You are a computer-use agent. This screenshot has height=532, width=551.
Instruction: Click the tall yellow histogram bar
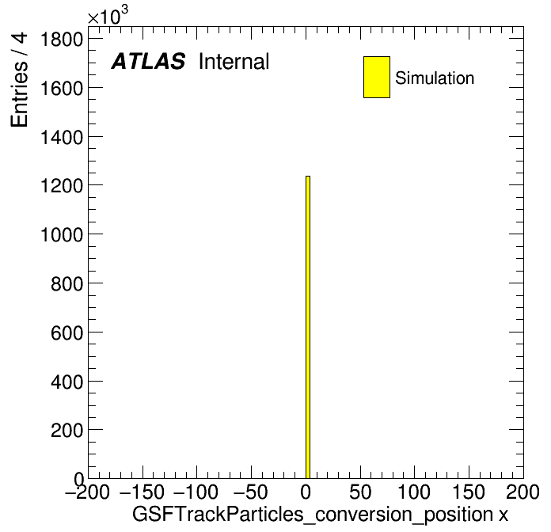tap(308, 327)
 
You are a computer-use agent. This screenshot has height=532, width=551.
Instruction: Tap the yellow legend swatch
tap(377, 77)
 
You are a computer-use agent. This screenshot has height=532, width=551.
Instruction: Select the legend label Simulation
tap(435, 78)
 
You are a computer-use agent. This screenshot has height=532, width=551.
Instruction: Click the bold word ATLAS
tap(148, 61)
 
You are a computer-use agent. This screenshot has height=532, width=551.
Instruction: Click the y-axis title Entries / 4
tap(19, 80)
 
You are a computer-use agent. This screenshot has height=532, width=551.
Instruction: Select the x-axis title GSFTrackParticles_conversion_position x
tap(320, 515)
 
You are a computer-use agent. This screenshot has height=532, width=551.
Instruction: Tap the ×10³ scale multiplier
tap(108, 15)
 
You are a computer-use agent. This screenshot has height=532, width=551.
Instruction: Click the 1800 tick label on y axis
tap(62, 39)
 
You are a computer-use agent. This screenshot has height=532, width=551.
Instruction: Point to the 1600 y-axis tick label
tap(62, 88)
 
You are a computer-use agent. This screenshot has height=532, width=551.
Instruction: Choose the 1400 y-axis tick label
tap(62, 137)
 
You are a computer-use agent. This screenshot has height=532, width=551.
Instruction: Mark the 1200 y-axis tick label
tap(62, 185)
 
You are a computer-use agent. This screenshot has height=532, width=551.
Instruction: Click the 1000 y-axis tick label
tap(62, 234)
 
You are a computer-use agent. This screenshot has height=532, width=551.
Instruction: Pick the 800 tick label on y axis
tap(66, 283)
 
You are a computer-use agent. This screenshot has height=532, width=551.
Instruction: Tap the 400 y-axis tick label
tap(66, 382)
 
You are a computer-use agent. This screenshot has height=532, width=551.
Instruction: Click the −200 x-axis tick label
tap(87, 492)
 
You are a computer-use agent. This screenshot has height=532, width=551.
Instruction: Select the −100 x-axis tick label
tap(196, 492)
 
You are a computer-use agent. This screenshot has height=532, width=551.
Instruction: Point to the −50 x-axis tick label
tap(250, 492)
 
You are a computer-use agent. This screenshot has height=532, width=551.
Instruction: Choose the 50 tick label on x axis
tap(360, 492)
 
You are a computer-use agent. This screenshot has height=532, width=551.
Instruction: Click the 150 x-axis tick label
tap(469, 492)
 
